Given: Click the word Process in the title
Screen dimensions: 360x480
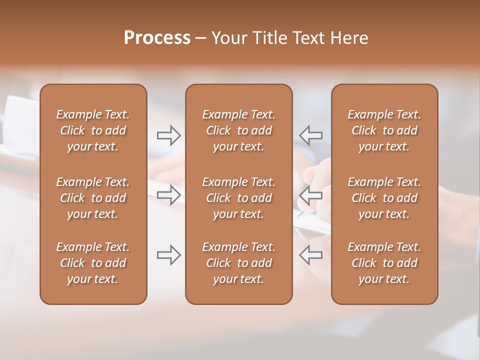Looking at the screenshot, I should pyautogui.click(x=157, y=38).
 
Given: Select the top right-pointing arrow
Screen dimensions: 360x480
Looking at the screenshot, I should pyautogui.click(x=168, y=135).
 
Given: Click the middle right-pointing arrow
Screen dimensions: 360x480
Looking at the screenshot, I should pyautogui.click(x=168, y=195).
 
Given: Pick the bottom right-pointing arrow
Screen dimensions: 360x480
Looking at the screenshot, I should pyautogui.click(x=168, y=255).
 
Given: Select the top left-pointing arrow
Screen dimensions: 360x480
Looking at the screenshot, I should pyautogui.click(x=310, y=135).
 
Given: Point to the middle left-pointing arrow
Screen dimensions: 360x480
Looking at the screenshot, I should pyautogui.click(x=310, y=195).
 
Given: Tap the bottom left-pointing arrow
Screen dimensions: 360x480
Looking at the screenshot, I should pyautogui.click(x=310, y=255).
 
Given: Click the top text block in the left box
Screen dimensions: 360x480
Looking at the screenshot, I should pyautogui.click(x=93, y=130).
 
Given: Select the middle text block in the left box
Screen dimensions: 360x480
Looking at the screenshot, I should pyautogui.click(x=93, y=198).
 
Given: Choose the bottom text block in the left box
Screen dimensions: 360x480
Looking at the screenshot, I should pyautogui.click(x=93, y=263).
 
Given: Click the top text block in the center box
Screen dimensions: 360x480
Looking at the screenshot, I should pyautogui.click(x=239, y=130).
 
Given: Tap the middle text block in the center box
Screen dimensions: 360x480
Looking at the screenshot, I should pyautogui.click(x=239, y=198).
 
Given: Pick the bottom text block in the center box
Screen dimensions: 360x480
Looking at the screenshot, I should pyautogui.click(x=239, y=263).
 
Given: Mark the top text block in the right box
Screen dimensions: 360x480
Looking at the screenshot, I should pyautogui.click(x=384, y=130).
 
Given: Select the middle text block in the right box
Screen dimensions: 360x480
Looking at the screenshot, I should pyautogui.click(x=384, y=198).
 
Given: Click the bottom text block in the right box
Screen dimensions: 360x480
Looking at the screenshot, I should pyautogui.click(x=384, y=263).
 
